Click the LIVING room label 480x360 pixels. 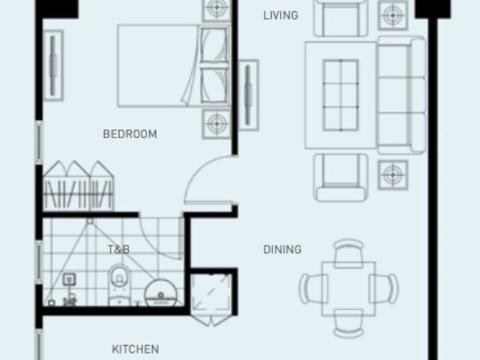[280, 15]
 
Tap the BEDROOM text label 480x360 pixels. [130, 134]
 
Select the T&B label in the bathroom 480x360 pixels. [118, 250]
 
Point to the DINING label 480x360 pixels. [282, 250]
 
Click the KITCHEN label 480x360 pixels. [135, 349]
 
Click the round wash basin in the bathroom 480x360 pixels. [160, 292]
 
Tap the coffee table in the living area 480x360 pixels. [340, 95]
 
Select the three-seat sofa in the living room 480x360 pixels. [402, 95]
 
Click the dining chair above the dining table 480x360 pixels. [349, 253]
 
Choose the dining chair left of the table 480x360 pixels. [313, 289]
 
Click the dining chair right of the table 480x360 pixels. [384, 289]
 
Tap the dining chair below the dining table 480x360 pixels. [349, 323]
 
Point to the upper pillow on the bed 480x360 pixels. [214, 45]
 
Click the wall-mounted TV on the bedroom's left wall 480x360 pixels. [53, 65]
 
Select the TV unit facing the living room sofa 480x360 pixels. [248, 95]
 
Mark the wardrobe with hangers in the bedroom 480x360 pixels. [78, 186]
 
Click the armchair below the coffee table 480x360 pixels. [340, 178]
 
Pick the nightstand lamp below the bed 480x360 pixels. [217, 124]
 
